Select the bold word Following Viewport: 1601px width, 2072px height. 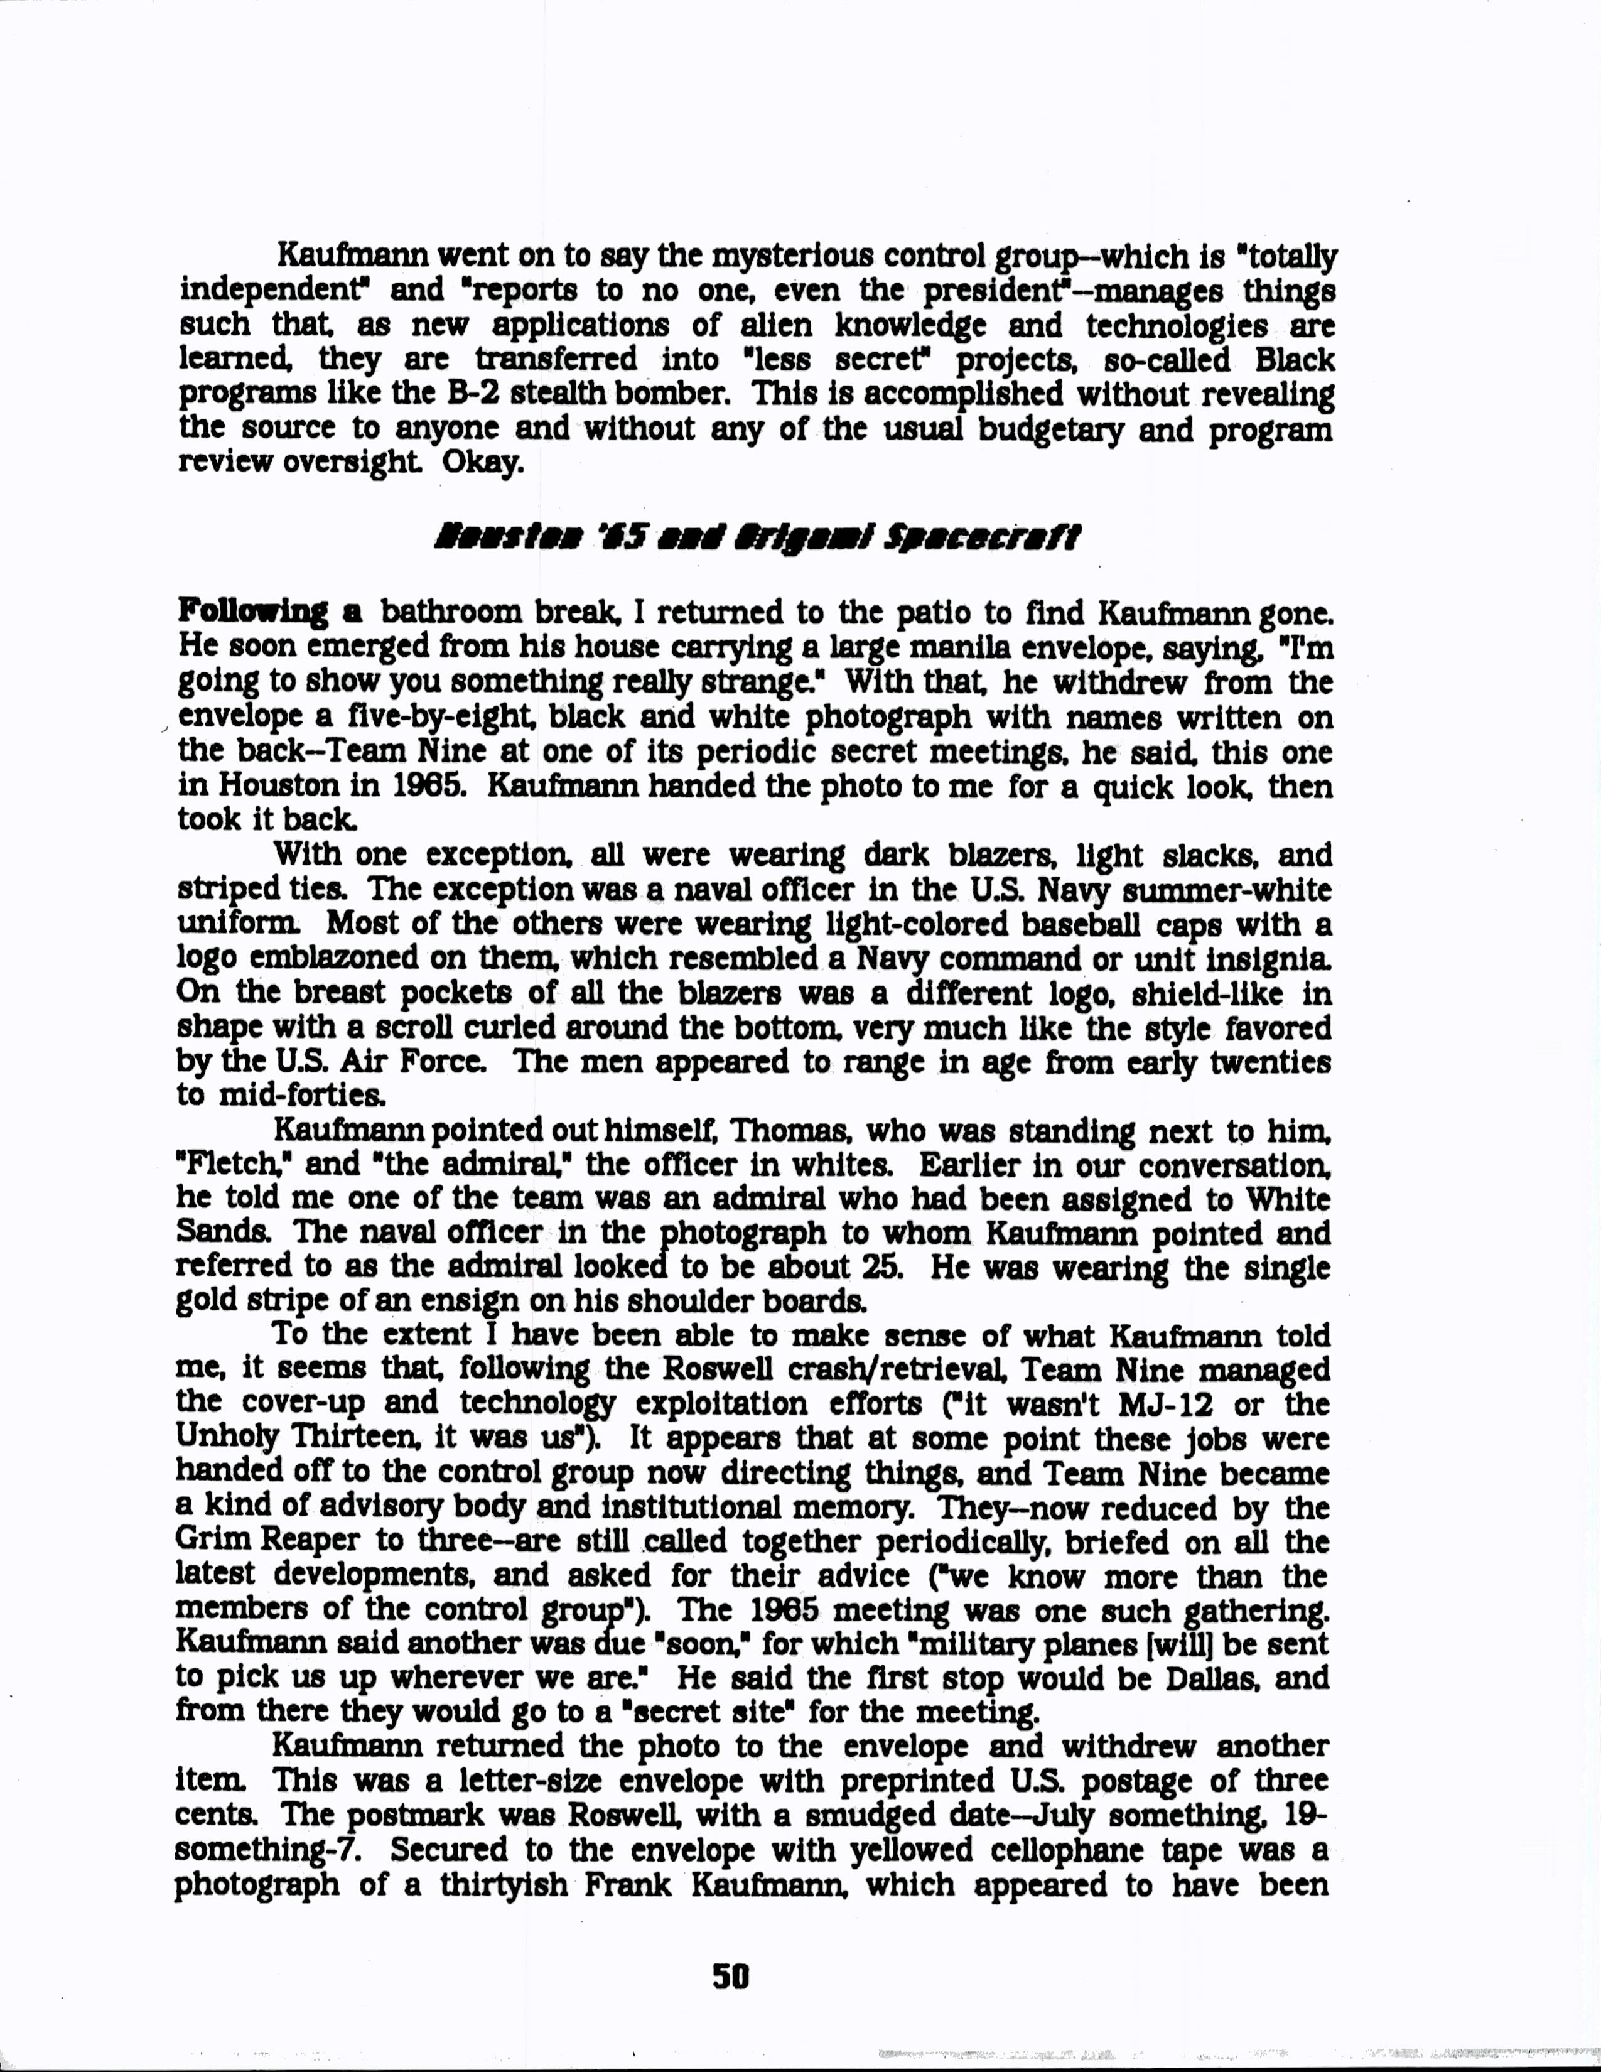pyautogui.click(x=252, y=612)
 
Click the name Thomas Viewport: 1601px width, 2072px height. pyautogui.click(x=780, y=1132)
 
